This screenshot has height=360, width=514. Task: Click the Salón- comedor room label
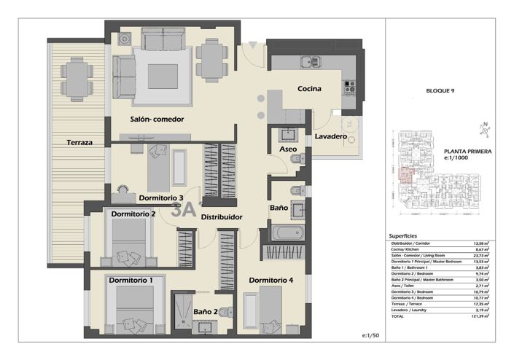point(157,119)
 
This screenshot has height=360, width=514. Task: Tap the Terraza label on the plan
point(78,143)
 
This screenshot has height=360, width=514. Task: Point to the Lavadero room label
point(330,136)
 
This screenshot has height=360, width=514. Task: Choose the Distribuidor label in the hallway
point(222,216)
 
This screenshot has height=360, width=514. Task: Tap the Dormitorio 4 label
point(270,280)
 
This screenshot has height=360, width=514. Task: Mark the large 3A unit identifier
point(184,211)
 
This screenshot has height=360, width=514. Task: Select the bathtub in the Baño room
point(286,234)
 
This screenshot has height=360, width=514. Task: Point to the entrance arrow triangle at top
point(252,46)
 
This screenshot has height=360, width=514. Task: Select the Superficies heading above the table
point(403,236)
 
